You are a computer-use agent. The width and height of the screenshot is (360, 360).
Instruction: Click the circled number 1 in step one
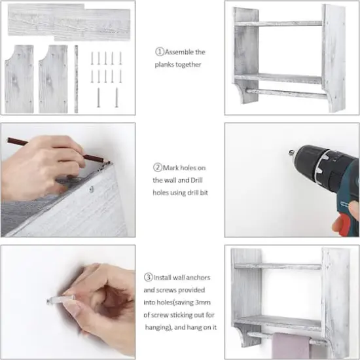coord(160,52)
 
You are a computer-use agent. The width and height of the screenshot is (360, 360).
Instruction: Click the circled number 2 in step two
coord(158,168)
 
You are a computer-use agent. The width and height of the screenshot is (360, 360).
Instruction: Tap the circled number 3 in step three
coord(149,277)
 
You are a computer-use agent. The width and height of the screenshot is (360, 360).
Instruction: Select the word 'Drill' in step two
coord(196,180)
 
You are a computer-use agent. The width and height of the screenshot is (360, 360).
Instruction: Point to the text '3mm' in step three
coord(202,302)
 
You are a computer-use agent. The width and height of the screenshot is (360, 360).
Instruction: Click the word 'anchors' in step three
coord(198,278)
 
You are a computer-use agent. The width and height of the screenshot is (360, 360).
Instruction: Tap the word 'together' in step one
coord(188,65)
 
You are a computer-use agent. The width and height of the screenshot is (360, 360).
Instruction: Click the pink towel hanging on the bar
coord(291,346)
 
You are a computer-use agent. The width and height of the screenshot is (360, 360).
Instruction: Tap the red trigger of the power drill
coord(344,225)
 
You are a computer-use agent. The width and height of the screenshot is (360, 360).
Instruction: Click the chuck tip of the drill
coord(291,153)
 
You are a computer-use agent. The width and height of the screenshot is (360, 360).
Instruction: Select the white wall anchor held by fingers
coord(61,299)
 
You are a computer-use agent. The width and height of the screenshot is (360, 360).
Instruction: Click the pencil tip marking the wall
coord(109,162)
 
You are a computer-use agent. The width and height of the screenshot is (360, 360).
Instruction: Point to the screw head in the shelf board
coord(92,189)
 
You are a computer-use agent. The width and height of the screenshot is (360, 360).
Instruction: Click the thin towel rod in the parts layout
coord(76,79)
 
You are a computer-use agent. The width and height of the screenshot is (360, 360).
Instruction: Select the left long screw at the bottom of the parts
coord(98,98)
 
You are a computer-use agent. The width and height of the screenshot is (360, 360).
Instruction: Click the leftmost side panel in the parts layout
coord(19,79)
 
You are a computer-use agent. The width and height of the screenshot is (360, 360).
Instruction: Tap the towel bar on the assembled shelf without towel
coord(287,94)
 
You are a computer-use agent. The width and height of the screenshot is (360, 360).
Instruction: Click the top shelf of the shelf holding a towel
coord(278,266)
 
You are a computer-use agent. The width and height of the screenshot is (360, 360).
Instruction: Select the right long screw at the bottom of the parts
coord(117,98)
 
